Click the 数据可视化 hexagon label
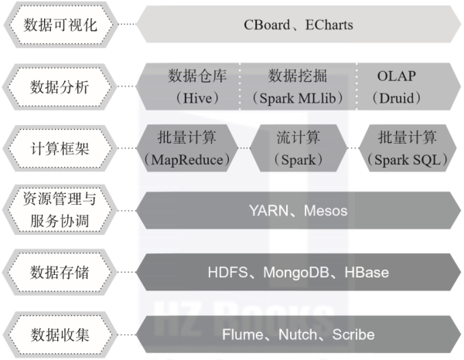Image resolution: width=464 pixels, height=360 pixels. point(60,25)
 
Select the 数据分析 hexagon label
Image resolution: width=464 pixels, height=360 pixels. point(60,87)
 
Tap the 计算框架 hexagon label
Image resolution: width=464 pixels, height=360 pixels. point(60,148)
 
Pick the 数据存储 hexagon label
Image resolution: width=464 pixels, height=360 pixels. point(60,272)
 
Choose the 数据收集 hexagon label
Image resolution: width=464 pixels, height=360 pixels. point(60,335)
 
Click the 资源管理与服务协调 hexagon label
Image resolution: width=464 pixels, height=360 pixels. point(60,210)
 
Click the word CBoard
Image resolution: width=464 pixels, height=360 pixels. point(267,25)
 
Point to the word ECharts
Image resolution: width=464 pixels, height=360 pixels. point(329,25)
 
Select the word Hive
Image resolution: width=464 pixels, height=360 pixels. point(197,98)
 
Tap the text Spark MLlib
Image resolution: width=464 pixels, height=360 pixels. point(298,98)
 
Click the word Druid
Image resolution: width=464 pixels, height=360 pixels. point(397,98)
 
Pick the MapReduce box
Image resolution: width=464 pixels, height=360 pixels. point(187,148)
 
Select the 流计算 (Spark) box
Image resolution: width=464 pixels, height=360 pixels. point(299,148)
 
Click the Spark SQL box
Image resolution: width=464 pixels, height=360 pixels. point(408,148)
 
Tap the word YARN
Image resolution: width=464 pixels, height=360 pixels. point(268,211)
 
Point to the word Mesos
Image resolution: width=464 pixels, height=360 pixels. point(326,211)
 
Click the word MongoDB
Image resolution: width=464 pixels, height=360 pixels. point(296,273)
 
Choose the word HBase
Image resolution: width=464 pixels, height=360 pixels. point(367,273)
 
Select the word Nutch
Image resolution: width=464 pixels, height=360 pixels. point(298,335)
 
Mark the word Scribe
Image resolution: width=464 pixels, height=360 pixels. point(353,335)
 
